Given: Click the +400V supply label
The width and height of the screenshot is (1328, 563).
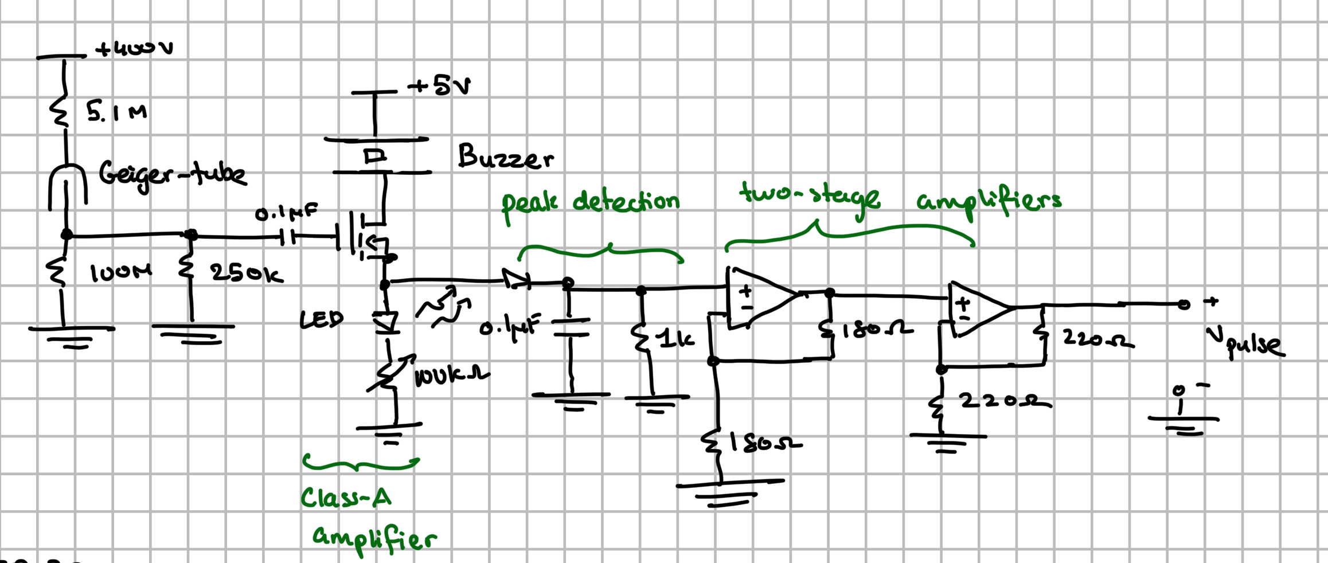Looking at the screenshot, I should click(x=134, y=49).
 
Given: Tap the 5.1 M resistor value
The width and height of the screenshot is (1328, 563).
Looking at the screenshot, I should click(x=117, y=113).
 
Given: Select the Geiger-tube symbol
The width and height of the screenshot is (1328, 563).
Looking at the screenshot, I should click(x=67, y=183).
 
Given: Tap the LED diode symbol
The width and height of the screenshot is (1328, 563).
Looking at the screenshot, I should click(x=385, y=322).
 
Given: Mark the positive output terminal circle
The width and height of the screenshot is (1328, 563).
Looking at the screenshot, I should click(x=1184, y=304).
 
